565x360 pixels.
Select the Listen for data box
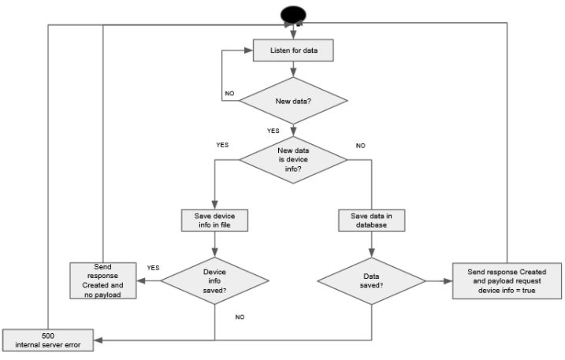pyautogui.click(x=292, y=50)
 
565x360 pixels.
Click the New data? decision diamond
pyautogui.click(x=292, y=100)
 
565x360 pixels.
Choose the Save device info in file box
pyautogui.click(x=214, y=220)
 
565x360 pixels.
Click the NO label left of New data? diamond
pyautogui.click(x=229, y=93)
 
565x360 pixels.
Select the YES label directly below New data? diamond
pyautogui.click(x=273, y=131)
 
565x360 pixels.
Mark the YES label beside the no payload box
pyautogui.click(x=153, y=268)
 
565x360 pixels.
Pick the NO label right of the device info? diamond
pyautogui.click(x=361, y=146)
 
